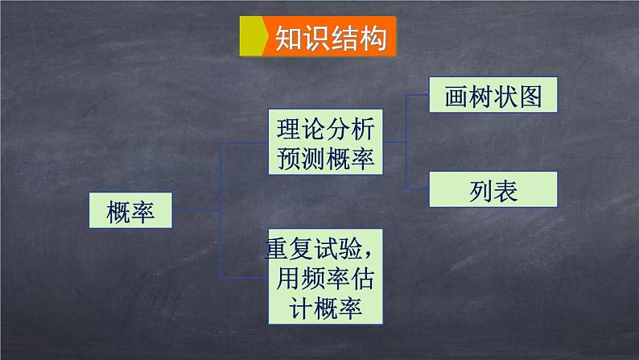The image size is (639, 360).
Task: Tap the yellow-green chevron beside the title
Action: (254, 38)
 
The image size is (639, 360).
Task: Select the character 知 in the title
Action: (288, 38)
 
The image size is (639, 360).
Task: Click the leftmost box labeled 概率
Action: (130, 212)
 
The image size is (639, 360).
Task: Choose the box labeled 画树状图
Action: (492, 96)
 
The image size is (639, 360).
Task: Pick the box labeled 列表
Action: (492, 190)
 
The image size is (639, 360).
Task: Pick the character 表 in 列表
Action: (505, 190)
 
